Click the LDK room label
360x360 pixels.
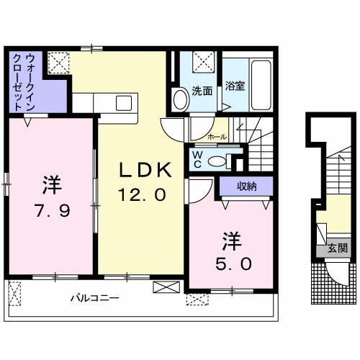[145, 171]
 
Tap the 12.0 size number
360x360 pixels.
[143, 194]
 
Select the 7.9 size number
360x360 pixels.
[50, 211]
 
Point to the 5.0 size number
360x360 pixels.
[230, 263]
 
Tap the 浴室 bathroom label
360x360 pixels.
[235, 86]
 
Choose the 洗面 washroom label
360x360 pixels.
[202, 91]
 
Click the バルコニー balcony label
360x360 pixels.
[94, 297]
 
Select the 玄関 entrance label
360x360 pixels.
[338, 249]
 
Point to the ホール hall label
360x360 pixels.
[216, 136]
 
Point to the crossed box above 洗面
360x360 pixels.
[204, 60]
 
